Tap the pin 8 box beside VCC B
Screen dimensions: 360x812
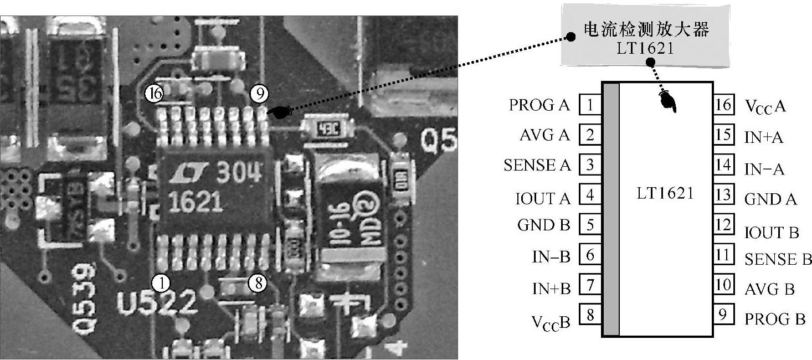(x=589, y=315)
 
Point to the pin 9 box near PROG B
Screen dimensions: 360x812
(x=722, y=316)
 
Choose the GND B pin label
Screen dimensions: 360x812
(x=543, y=225)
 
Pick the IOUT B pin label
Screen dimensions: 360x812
(x=772, y=233)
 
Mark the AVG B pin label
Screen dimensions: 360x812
(x=769, y=289)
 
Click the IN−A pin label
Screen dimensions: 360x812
(x=764, y=169)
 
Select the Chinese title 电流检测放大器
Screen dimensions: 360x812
(x=646, y=30)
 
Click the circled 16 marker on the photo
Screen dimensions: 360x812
(x=156, y=94)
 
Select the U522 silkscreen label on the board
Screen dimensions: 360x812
(x=157, y=304)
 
